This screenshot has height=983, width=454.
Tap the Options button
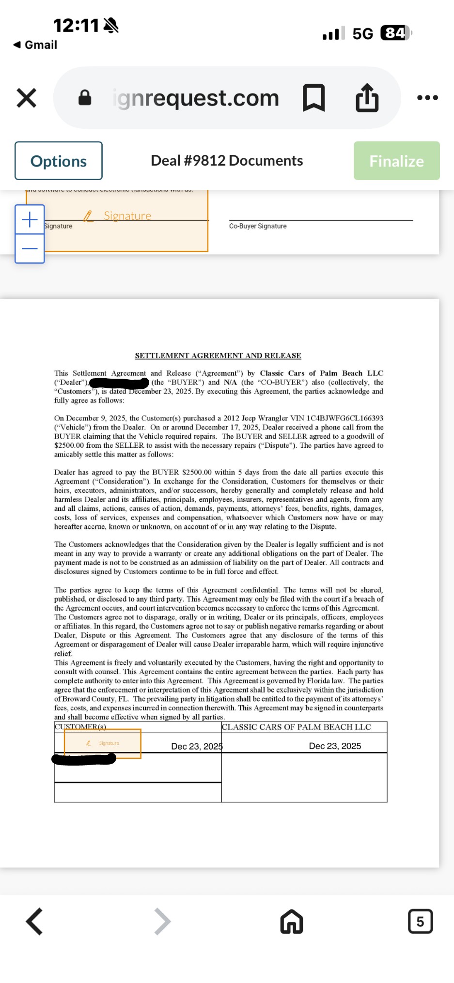[59, 161]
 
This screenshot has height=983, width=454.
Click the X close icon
[27, 98]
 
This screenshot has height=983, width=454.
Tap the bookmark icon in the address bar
[313, 98]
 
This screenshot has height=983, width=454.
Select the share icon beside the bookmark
[367, 98]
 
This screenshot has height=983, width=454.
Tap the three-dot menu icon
[427, 98]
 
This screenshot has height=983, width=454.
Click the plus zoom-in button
[30, 220]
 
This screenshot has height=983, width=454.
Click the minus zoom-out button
[30, 249]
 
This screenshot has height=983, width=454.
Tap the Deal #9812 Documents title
[227, 161]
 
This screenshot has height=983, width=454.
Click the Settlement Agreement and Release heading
[218, 356]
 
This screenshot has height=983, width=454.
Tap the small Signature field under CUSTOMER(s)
[103, 743]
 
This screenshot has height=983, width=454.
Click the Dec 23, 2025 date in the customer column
[197, 746]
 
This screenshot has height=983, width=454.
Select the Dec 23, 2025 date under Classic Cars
[335, 746]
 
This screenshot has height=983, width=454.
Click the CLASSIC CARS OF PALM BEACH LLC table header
[297, 727]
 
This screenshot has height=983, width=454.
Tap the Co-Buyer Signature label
[258, 226]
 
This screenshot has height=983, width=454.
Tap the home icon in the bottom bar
[292, 921]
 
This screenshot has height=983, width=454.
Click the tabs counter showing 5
[420, 921]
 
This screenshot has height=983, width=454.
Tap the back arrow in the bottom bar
[34, 921]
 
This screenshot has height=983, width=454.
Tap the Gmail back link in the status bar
[35, 45]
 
